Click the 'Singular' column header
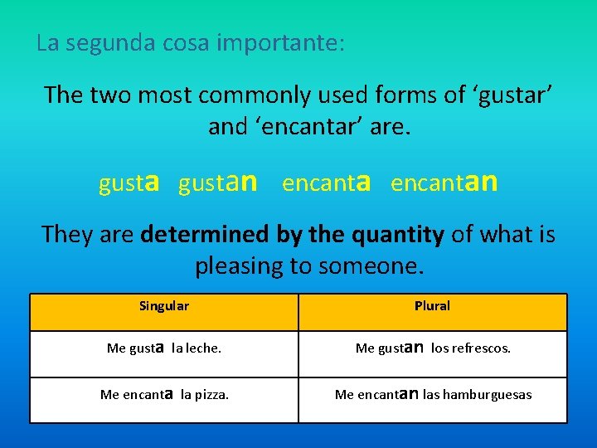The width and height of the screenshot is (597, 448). [x=164, y=306]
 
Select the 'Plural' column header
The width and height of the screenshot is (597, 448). [x=432, y=306]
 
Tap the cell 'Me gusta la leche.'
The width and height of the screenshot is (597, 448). [x=164, y=348]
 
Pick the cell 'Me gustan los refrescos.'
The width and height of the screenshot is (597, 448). [x=433, y=348]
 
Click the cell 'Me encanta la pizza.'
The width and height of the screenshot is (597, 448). [x=164, y=394]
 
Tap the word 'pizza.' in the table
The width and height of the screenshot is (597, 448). [x=211, y=395]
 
